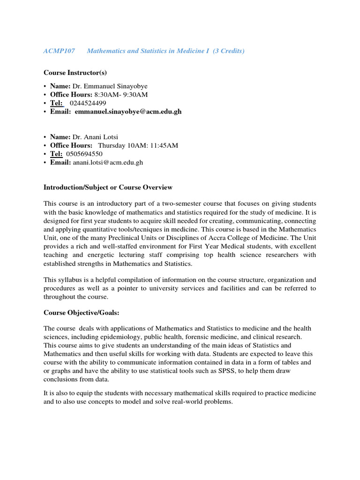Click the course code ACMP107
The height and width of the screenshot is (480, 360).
[59, 51]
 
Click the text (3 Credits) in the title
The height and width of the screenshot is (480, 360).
[228, 51]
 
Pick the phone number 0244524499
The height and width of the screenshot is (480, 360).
[88, 103]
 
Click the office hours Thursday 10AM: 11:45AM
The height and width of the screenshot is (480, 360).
[138, 145]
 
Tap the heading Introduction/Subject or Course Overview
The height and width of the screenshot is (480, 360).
[108, 187]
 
